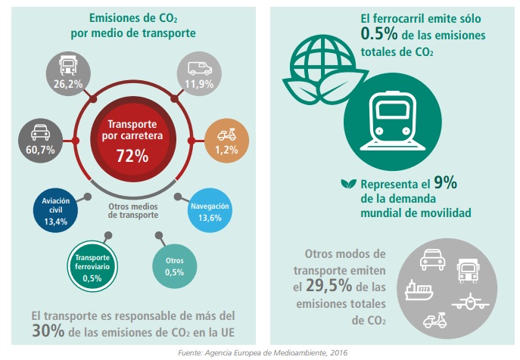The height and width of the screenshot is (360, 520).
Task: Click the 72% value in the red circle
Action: pos(132,157)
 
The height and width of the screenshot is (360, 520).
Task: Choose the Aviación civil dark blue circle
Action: pos(56,211)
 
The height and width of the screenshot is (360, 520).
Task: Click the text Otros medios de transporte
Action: pos(132,209)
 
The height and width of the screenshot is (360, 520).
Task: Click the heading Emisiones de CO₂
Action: pos(132,18)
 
